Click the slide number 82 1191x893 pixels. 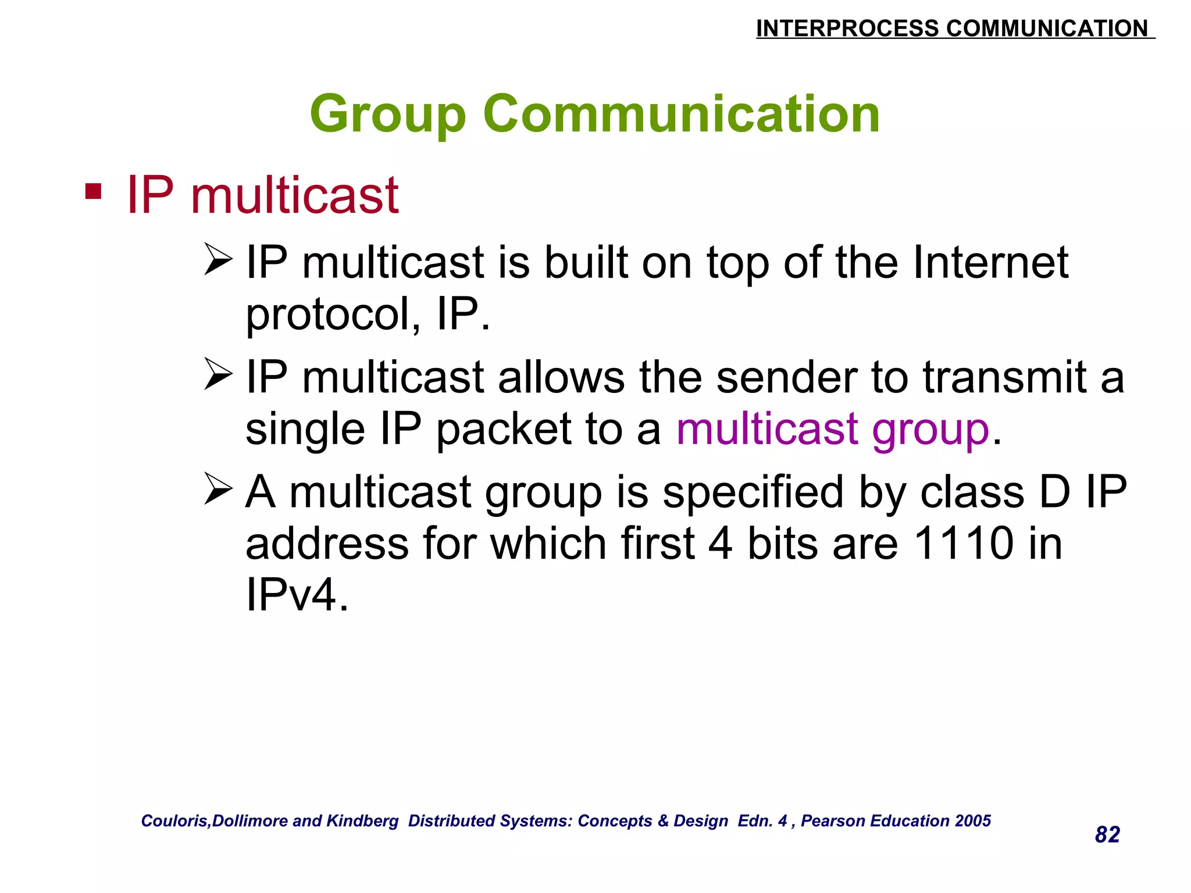[x=1107, y=835]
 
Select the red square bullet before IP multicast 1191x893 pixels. [x=93, y=191]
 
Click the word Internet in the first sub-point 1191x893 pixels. [x=990, y=262]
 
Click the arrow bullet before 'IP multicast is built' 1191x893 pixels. [x=219, y=260]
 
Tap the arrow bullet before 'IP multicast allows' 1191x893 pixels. [x=219, y=375]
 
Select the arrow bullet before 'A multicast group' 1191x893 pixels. [x=219, y=490]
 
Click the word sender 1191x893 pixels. [x=787, y=377]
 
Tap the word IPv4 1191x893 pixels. [x=297, y=595]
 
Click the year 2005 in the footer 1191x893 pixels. [x=972, y=821]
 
